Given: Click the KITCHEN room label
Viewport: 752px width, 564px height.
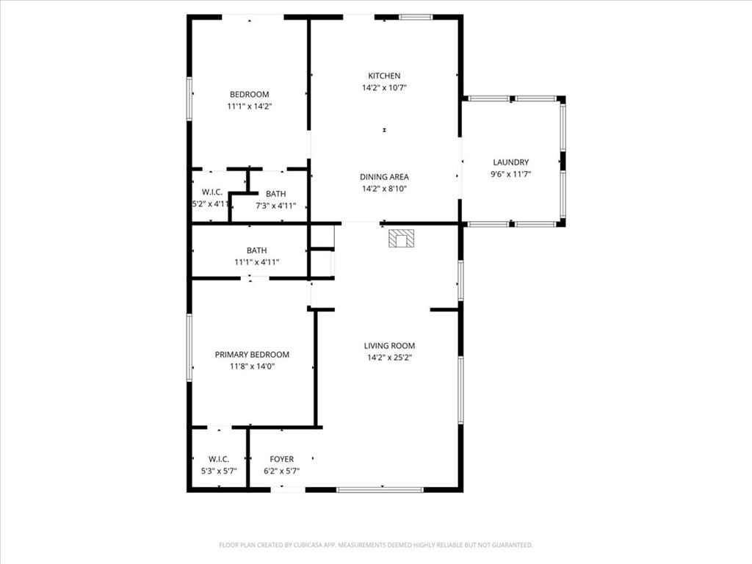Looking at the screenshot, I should (384, 76).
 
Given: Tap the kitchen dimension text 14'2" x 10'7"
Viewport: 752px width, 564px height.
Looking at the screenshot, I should (384, 87).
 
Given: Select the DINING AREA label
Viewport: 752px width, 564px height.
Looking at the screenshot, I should (384, 177).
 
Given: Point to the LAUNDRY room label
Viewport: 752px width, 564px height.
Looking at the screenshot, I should (510, 162).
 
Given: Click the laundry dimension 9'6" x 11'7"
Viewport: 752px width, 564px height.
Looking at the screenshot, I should (510, 174).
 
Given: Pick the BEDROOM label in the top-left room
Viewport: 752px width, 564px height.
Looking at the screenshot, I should (249, 94).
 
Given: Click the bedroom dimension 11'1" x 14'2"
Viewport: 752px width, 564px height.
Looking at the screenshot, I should (249, 106).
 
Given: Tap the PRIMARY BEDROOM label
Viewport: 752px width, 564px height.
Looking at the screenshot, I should (252, 354).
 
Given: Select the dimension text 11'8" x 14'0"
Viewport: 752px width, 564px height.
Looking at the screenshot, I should (252, 366).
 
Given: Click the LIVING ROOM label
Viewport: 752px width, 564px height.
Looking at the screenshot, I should (389, 346).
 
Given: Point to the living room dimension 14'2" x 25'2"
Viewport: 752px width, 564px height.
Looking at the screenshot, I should (389, 358).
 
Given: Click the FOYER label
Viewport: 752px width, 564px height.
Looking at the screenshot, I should (281, 460).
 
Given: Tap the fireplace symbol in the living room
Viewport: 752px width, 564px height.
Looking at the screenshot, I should (402, 239).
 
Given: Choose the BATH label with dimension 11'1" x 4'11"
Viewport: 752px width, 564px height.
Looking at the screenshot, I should (256, 250).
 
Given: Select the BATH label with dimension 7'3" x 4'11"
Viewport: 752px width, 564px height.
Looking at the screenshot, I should (275, 194).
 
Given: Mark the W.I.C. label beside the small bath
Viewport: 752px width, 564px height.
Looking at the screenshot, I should (212, 192).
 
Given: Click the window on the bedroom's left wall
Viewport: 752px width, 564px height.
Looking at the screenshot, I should (189, 98).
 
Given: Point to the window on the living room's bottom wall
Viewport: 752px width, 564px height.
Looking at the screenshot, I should (380, 489).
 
